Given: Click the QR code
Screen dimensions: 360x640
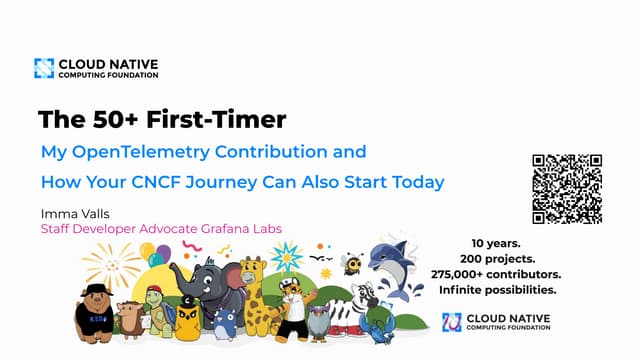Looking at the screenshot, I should point(567,189).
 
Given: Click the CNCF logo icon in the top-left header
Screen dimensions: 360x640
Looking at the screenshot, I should point(44,68).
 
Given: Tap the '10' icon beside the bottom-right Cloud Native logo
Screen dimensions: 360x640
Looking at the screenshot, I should point(452,322).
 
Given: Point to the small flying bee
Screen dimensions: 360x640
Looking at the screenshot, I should point(352,263).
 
